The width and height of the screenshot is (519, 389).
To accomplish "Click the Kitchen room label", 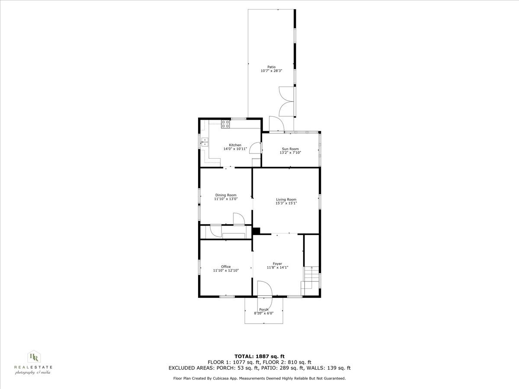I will click(x=235, y=145).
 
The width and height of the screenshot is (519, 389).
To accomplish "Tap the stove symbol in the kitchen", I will click(x=225, y=124).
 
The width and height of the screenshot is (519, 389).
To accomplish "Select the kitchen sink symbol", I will click(x=204, y=141).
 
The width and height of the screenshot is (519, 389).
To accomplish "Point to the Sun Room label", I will click(x=290, y=149).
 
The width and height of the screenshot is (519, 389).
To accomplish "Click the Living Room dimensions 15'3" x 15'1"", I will click(x=286, y=203).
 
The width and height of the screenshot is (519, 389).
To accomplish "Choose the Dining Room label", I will click(x=226, y=195).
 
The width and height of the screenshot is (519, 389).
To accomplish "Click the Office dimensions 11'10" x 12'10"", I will click(x=226, y=270).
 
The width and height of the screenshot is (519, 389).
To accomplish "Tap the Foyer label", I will click(x=277, y=264).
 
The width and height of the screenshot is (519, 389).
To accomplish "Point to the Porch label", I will click(x=263, y=309).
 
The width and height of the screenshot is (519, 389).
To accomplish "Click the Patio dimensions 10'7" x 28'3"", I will click(x=271, y=70).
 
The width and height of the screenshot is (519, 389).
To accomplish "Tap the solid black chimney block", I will click(x=256, y=231).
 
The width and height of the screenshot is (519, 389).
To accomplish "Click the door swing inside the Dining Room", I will click(x=238, y=219).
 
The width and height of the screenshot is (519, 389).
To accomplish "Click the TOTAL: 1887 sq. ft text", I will click(x=259, y=357).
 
